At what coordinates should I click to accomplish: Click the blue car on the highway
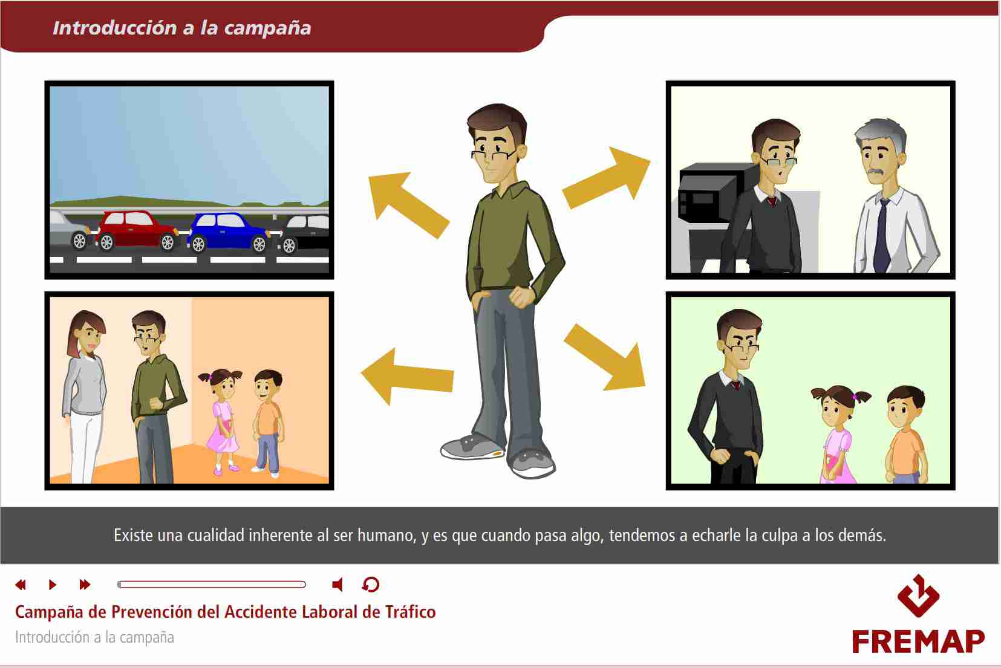(x=229, y=233)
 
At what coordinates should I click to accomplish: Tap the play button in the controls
(x=52, y=585)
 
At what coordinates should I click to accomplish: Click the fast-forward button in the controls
(x=85, y=585)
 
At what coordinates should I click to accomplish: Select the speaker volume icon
(x=338, y=585)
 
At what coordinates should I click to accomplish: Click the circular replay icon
(x=370, y=585)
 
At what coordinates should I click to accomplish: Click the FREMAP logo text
(x=918, y=641)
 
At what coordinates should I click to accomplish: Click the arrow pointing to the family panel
(x=406, y=377)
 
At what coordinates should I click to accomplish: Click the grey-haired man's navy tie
(x=882, y=236)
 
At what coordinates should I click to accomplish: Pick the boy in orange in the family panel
(x=269, y=422)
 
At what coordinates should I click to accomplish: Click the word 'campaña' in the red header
(x=267, y=28)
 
